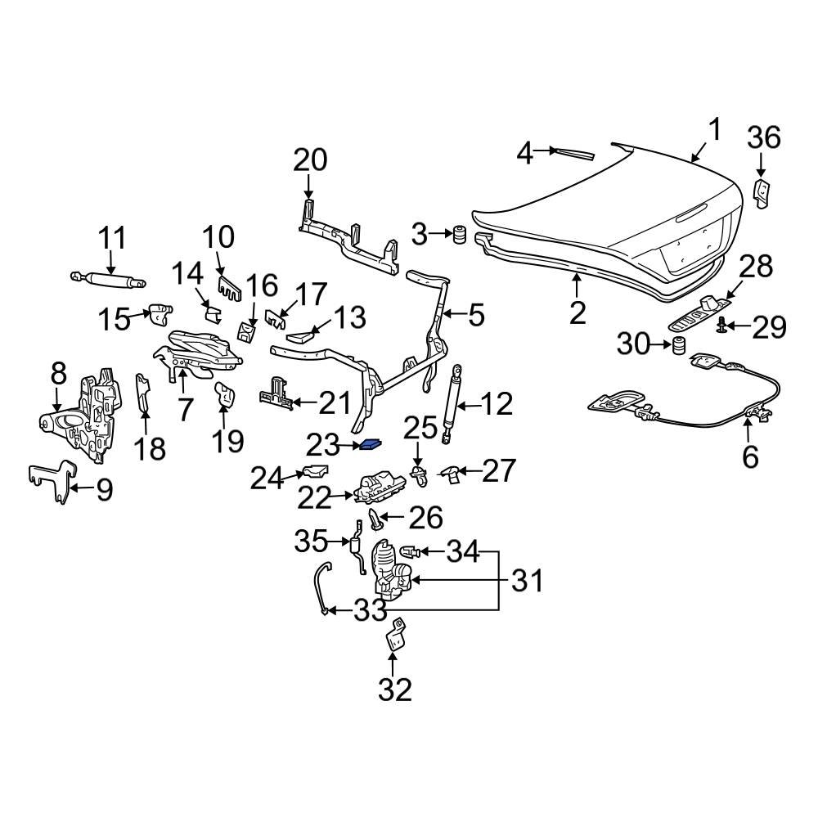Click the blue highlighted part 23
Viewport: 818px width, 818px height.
click(x=371, y=444)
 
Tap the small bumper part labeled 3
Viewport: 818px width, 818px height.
click(x=461, y=234)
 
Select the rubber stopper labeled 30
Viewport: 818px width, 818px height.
click(x=678, y=347)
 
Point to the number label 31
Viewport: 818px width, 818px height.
click(x=527, y=581)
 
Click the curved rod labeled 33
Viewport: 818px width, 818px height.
click(x=321, y=585)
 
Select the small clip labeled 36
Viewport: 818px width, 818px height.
click(x=762, y=193)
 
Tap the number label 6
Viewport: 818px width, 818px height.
click(x=750, y=456)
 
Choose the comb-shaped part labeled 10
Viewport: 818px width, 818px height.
click(x=227, y=285)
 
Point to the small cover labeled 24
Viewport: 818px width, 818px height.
click(x=314, y=472)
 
